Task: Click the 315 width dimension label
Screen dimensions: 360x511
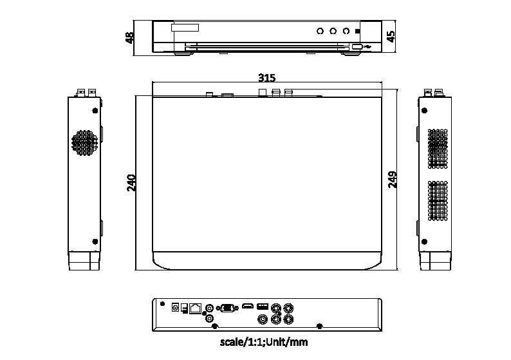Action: (x=266, y=78)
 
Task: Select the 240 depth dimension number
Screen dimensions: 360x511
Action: (x=131, y=183)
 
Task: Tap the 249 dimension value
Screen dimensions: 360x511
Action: (x=392, y=180)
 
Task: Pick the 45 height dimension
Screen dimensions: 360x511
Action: (x=391, y=35)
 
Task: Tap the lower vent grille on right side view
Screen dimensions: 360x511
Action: (x=438, y=200)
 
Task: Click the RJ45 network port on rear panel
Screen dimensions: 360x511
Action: (x=195, y=308)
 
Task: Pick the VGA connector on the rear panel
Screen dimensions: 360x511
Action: (x=227, y=308)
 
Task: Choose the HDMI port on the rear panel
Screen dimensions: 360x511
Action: (x=248, y=307)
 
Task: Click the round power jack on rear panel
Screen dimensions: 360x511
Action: (x=175, y=308)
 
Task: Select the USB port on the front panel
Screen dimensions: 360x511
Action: (x=357, y=46)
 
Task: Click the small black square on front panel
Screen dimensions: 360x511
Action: (x=359, y=30)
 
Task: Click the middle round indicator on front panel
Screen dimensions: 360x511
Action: (x=333, y=30)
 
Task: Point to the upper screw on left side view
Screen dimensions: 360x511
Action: (x=95, y=111)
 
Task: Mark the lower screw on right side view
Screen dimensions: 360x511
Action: (x=425, y=241)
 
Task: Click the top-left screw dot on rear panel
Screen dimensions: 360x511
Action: (x=162, y=304)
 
